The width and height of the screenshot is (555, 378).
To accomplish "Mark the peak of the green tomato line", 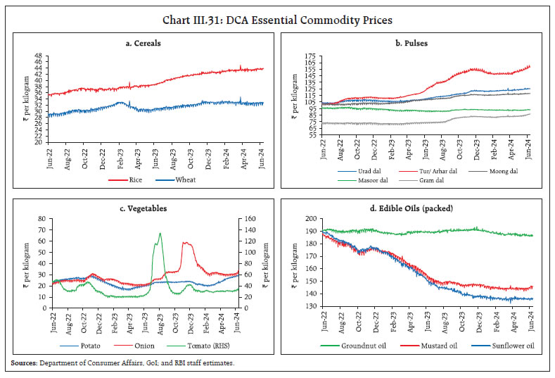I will [x=160, y=234].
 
